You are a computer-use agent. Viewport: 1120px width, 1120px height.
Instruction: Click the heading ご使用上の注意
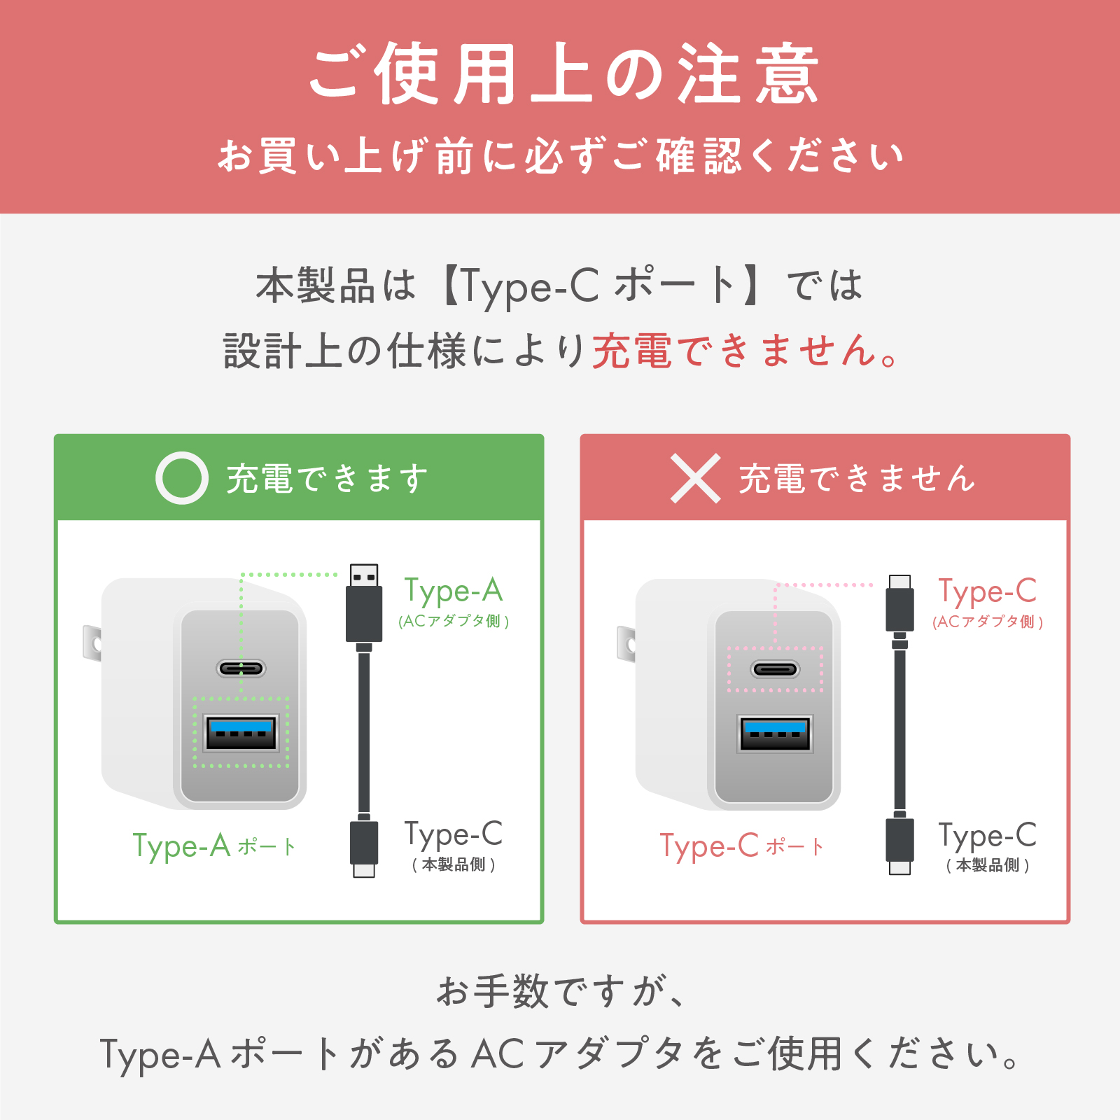(x=563, y=74)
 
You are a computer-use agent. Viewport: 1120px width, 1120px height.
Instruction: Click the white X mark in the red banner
(x=695, y=478)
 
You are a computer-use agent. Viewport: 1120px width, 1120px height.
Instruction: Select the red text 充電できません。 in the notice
(x=745, y=351)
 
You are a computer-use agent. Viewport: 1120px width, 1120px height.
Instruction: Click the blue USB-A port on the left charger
(x=241, y=732)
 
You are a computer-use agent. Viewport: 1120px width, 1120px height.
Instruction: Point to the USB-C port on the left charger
(x=241, y=668)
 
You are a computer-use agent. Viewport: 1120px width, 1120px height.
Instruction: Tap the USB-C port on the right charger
(x=775, y=670)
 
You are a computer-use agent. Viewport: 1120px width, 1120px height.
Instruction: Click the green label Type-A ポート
(x=214, y=846)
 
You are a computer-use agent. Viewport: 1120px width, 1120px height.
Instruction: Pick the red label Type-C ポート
(x=742, y=846)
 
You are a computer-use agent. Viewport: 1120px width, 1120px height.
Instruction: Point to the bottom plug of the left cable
(x=364, y=846)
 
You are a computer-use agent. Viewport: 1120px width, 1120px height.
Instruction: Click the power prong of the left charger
(x=92, y=643)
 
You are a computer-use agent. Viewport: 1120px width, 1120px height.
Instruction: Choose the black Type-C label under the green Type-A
(x=454, y=834)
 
